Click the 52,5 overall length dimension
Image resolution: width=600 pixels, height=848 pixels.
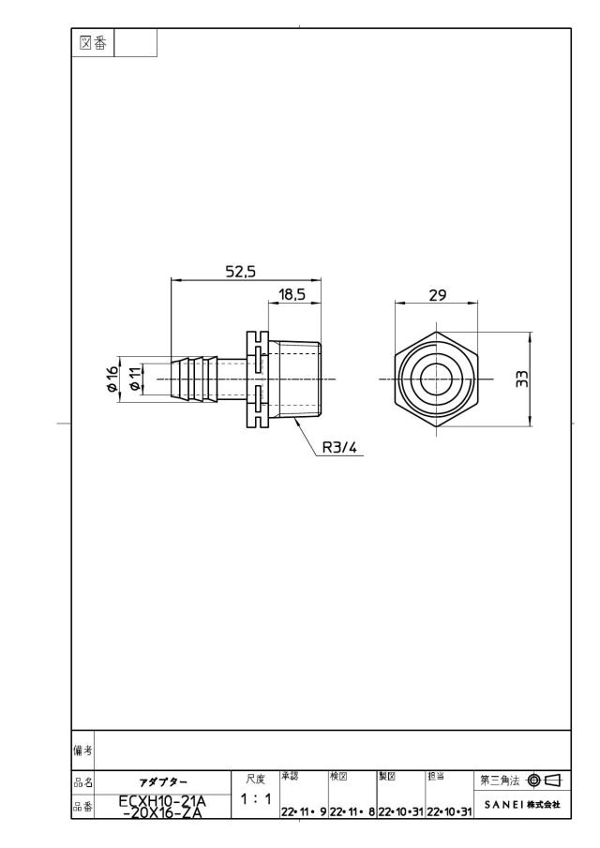coord(240,272)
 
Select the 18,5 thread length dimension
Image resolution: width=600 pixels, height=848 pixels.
coord(292,294)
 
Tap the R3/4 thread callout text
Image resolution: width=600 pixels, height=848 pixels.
coord(339,448)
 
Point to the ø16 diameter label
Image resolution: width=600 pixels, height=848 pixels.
coord(112,378)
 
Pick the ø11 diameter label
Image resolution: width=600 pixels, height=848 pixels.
coord(136,378)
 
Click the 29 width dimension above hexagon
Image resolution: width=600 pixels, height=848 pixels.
coord(438,295)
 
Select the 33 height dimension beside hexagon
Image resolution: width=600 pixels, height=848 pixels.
coord(521,379)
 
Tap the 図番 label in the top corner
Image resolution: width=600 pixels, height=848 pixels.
coord(93,43)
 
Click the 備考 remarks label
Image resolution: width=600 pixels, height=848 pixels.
coord(82,751)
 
